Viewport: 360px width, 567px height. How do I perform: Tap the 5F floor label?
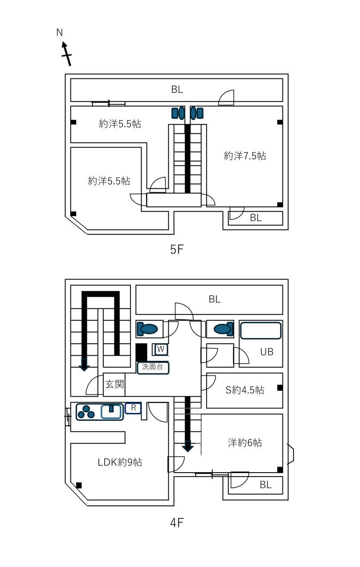[x=176, y=250]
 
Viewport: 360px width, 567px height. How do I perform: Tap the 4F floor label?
[x=176, y=522]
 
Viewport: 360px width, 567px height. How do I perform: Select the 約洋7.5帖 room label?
[x=245, y=156]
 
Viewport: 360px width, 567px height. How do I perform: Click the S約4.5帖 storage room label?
[x=245, y=390]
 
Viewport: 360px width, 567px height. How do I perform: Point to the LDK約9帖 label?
[x=120, y=462]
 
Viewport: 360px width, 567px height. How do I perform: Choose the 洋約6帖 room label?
[x=245, y=443]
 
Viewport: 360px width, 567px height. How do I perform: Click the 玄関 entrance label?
[x=114, y=384]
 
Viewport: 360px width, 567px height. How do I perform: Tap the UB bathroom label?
[x=267, y=352]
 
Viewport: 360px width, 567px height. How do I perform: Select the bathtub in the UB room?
[x=261, y=330]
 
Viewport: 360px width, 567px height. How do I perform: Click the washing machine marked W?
[x=160, y=350]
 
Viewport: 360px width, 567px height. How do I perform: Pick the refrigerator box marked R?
[x=133, y=408]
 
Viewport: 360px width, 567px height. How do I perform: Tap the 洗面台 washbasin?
[x=153, y=368]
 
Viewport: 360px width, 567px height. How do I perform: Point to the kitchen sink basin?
[x=111, y=412]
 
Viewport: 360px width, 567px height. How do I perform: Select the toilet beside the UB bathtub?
[x=223, y=329]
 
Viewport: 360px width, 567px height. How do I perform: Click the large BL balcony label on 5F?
[x=177, y=89]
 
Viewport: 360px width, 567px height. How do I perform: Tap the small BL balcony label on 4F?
[x=266, y=485]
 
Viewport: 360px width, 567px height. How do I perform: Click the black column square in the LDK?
[x=79, y=485]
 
